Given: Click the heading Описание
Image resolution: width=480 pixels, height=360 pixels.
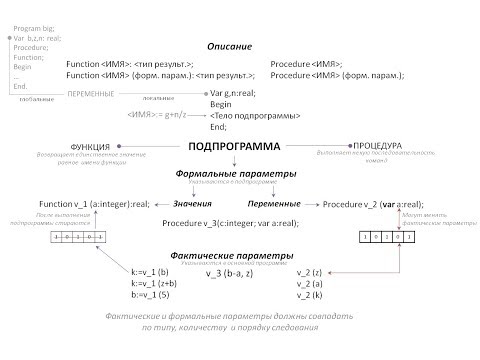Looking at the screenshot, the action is click(229, 47).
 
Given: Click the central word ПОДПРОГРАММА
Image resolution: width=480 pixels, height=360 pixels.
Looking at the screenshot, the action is click(235, 147).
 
